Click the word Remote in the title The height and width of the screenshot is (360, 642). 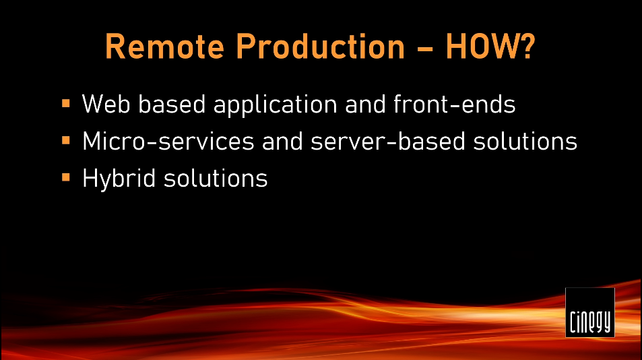(164, 47)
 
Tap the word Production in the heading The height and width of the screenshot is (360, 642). (321, 47)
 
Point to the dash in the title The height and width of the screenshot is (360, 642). (425, 49)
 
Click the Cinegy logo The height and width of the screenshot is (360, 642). (589, 312)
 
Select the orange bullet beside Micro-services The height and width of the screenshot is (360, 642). (66, 140)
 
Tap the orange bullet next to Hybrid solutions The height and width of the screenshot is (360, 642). (66, 177)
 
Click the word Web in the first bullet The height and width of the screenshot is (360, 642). (106, 104)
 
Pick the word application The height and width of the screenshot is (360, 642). (275, 105)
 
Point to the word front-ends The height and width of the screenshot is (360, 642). (455, 104)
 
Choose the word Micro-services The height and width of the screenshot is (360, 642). (168, 142)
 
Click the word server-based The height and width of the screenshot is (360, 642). (388, 142)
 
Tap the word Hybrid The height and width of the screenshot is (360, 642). (119, 179)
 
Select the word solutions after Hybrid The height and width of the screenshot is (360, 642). (216, 178)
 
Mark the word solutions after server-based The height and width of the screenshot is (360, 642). (525, 142)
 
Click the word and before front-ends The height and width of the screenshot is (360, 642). (365, 104)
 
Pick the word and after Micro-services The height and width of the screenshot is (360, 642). (282, 142)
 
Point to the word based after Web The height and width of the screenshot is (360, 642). (172, 104)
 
